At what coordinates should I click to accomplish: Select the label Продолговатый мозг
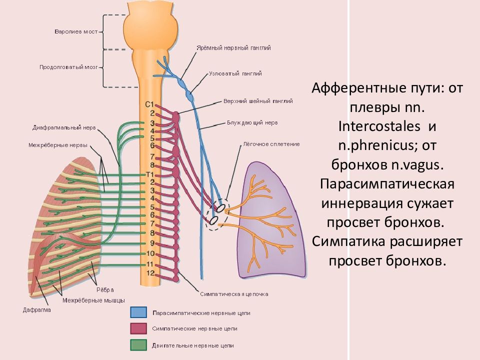pos(68,66)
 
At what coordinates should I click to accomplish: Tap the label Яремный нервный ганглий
pos(233,48)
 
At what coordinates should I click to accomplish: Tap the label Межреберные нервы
pos(58,145)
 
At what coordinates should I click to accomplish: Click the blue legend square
pos(138,313)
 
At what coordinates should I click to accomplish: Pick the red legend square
pos(138,328)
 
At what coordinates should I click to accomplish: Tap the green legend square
pos(138,345)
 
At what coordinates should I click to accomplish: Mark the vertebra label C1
pos(149,105)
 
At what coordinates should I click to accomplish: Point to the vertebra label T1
pos(149,174)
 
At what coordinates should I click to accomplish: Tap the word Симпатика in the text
pos(347,241)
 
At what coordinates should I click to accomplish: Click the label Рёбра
pos(105,289)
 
